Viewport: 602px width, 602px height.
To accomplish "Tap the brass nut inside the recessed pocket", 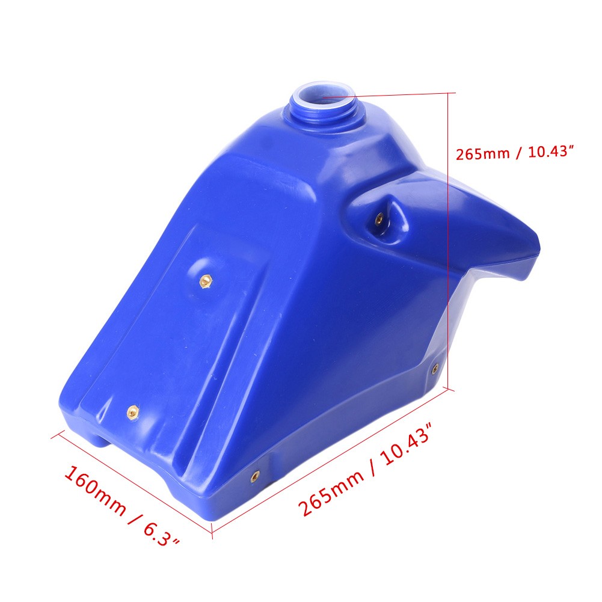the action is point(378,220).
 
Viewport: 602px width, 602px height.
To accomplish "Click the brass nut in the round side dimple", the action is point(206,281).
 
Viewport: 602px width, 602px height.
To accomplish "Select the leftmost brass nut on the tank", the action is point(133,413).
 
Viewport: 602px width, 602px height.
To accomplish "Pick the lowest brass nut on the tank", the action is point(255,476).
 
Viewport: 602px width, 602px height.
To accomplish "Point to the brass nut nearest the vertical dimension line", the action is point(435,369).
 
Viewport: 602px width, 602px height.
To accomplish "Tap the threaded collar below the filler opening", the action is point(322,111).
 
